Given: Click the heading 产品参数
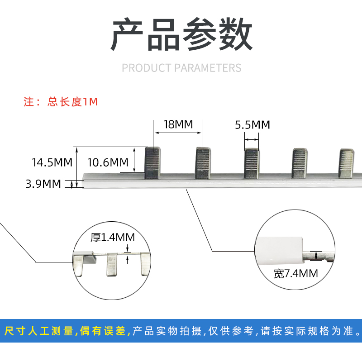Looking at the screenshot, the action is point(181,35).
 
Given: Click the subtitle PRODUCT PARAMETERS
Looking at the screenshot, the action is point(181,68).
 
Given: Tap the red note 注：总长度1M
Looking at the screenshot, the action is point(61,102).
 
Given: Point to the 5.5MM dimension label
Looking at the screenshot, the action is point(252,124).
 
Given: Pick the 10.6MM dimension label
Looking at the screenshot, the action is point(107,162).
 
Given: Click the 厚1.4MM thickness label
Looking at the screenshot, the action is point(112,237).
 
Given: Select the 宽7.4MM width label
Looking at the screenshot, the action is point(296,273).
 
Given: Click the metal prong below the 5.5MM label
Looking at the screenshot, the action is point(252,163).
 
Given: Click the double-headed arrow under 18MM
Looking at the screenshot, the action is point(178,133).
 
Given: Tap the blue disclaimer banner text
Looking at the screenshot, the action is point(181,331).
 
